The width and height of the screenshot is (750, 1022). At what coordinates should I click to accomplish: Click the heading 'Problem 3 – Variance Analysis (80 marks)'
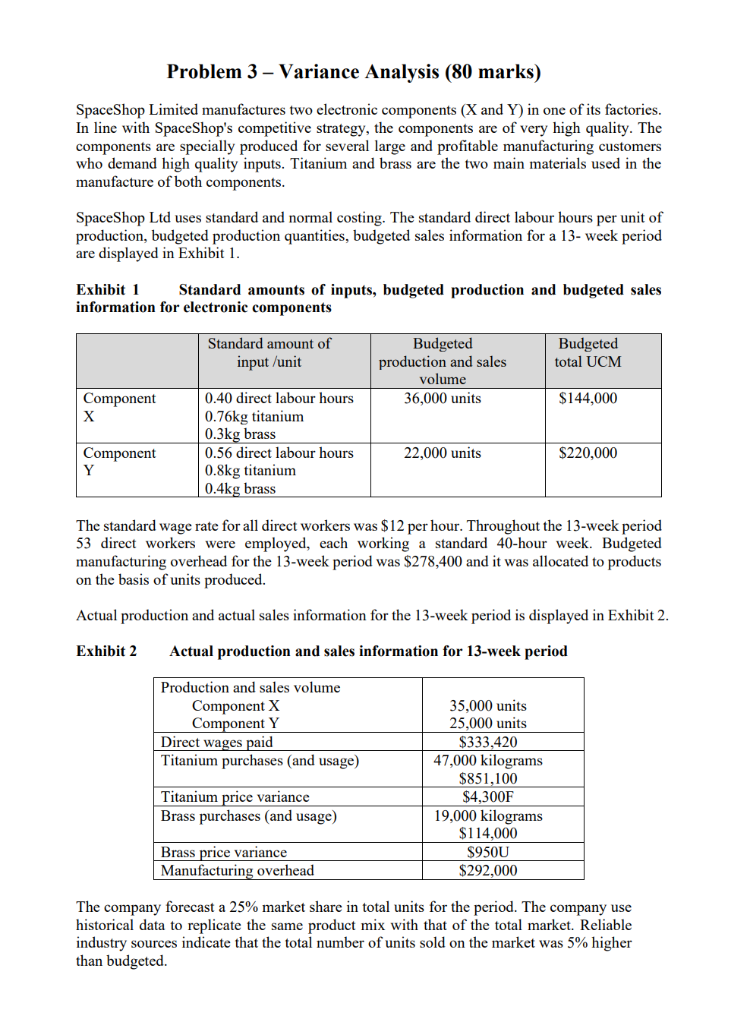(x=354, y=72)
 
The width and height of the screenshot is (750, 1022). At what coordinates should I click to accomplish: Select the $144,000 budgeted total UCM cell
(x=588, y=399)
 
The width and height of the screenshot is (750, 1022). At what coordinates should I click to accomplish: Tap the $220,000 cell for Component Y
(x=588, y=453)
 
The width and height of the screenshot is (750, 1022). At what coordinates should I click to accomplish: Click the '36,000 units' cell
(x=442, y=399)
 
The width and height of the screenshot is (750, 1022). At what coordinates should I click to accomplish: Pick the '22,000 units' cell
(x=442, y=453)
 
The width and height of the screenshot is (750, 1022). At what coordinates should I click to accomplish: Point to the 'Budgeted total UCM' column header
(x=588, y=353)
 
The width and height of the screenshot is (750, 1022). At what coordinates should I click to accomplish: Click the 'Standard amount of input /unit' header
(x=269, y=353)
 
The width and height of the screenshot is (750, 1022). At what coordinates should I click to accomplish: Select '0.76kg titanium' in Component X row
(x=254, y=417)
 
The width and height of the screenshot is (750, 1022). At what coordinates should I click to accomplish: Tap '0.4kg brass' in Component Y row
(x=240, y=489)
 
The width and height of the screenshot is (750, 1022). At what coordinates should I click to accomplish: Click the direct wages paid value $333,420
(x=487, y=743)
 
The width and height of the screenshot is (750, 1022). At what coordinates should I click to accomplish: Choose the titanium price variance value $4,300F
(x=487, y=797)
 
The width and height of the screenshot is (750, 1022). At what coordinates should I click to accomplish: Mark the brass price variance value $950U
(x=487, y=853)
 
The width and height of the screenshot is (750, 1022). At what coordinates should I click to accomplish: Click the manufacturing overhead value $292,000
(x=487, y=871)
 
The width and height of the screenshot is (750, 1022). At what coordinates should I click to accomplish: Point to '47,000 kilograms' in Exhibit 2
(x=487, y=761)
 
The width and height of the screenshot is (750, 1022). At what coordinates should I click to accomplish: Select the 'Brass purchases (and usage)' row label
(x=248, y=816)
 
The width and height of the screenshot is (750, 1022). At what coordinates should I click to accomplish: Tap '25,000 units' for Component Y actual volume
(x=487, y=724)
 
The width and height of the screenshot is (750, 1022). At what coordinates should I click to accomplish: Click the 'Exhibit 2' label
(x=106, y=651)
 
